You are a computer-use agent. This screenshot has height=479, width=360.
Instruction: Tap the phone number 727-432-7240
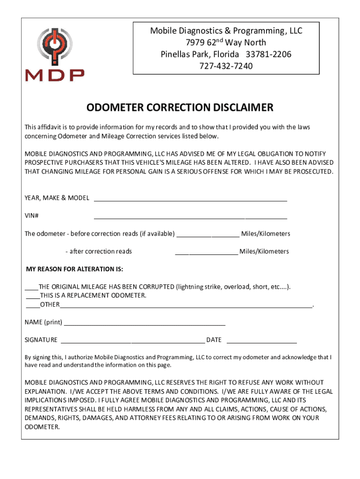(x=226, y=66)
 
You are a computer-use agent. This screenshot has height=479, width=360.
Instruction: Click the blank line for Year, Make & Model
(x=190, y=200)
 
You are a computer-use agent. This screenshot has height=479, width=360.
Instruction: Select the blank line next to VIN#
(x=190, y=218)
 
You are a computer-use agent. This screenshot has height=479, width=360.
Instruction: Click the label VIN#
(x=32, y=216)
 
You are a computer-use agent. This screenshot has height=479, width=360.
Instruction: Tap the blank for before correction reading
(x=209, y=236)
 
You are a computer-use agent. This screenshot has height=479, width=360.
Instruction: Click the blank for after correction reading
(x=207, y=254)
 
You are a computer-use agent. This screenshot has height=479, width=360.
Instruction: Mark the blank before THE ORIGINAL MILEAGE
(x=31, y=289)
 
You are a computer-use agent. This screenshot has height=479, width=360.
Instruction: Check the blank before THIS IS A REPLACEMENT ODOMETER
(x=33, y=298)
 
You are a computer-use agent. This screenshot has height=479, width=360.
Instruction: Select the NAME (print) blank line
(x=144, y=325)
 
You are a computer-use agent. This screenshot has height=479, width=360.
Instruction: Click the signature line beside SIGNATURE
(x=133, y=342)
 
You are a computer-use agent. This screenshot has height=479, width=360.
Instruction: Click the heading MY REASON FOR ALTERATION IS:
(x=75, y=269)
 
